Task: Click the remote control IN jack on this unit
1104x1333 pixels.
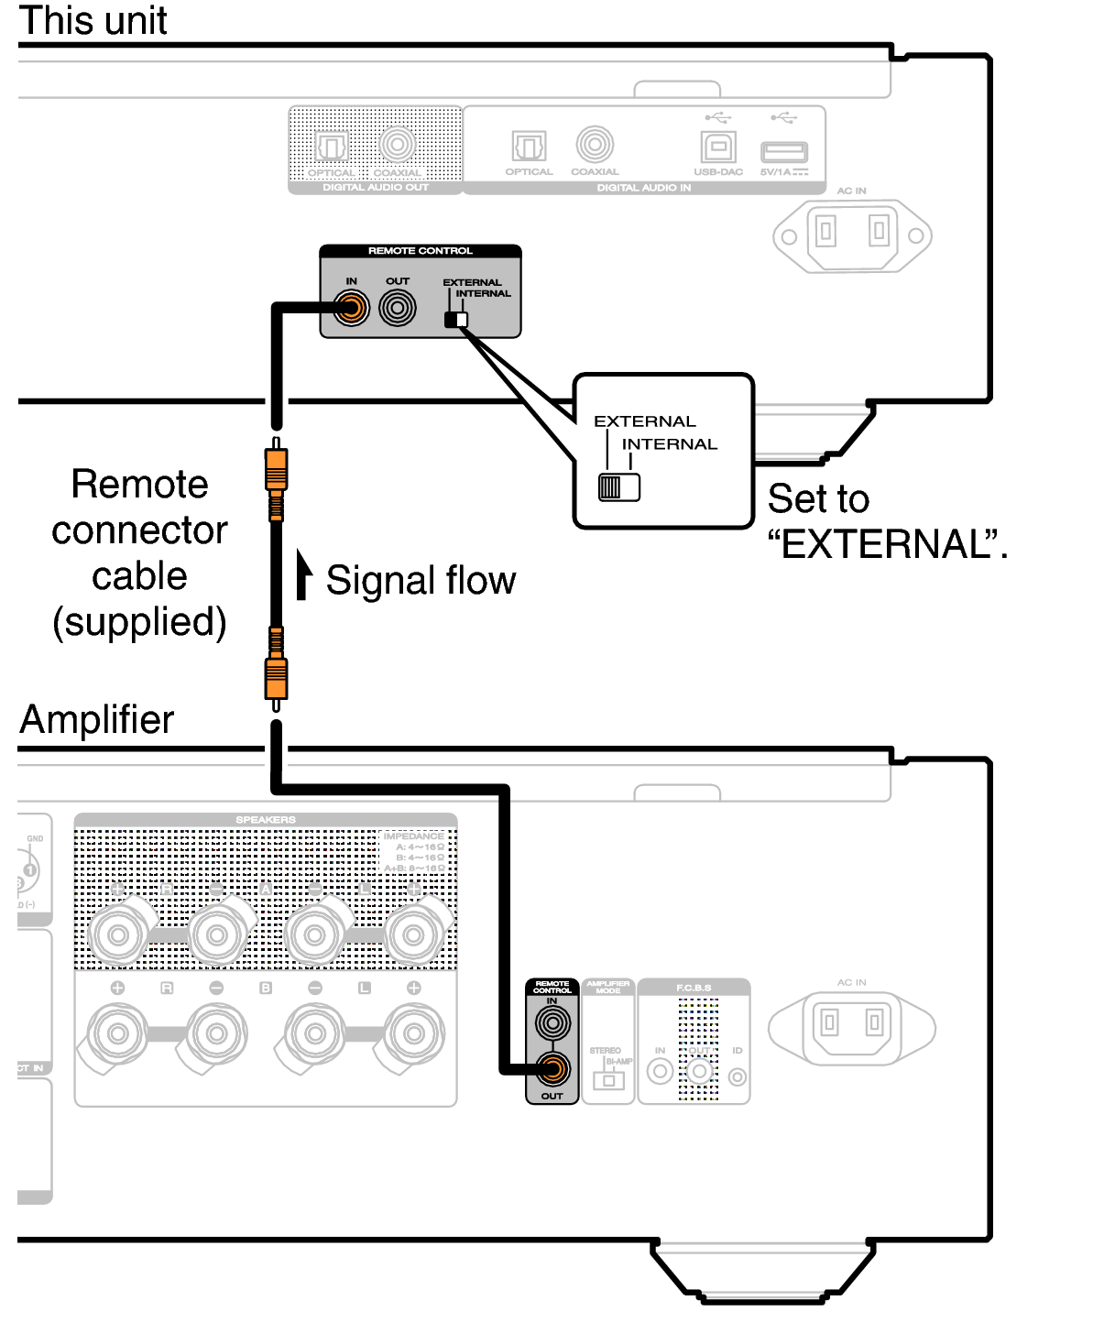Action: (351, 308)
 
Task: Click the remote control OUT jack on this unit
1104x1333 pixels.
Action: (397, 308)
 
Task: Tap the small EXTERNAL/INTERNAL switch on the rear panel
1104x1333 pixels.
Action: (455, 320)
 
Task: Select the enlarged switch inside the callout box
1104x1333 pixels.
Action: (618, 486)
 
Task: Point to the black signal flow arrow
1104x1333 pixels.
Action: (303, 574)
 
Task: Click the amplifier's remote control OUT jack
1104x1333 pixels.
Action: (552, 1068)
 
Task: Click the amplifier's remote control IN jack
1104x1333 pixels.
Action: (552, 1022)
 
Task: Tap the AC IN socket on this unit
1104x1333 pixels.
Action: (852, 235)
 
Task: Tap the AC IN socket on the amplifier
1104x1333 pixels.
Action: (852, 1026)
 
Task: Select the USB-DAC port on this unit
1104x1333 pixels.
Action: (717, 147)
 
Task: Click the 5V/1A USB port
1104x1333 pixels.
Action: (784, 152)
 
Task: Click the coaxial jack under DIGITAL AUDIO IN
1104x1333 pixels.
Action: (595, 145)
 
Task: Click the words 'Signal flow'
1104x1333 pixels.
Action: (421, 581)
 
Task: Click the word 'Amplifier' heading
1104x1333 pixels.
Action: (97, 720)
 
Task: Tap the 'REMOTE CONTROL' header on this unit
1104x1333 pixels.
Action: (420, 251)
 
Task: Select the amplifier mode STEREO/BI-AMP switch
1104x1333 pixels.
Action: (608, 1079)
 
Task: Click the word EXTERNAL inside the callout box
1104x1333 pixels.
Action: (645, 421)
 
